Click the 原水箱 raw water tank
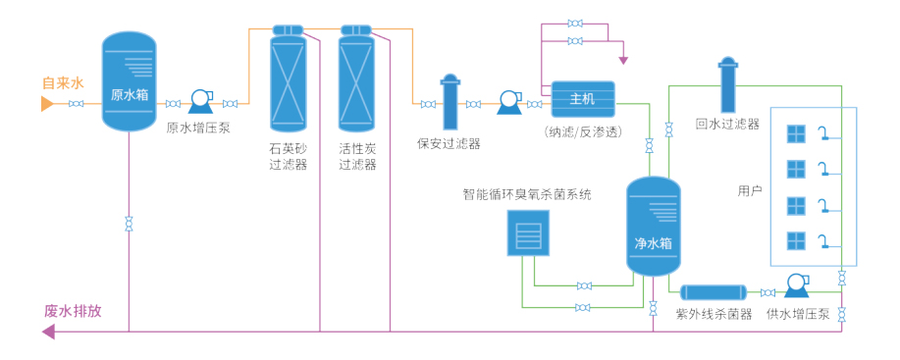coord(129,81)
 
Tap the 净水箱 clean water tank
coord(654,227)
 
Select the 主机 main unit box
coord(583,99)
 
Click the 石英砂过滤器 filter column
coord(289,77)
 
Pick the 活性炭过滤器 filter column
coord(357,77)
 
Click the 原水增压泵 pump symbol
coord(201,100)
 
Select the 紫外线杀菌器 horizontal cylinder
coord(714,292)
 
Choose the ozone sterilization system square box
coord(528,232)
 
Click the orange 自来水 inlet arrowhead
coord(47,104)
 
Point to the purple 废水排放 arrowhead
coord(48,332)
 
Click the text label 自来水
coord(63,83)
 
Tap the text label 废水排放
coord(73,311)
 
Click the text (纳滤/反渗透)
coord(583,132)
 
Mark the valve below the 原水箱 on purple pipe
coord(129,224)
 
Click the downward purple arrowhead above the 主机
coord(623,60)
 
